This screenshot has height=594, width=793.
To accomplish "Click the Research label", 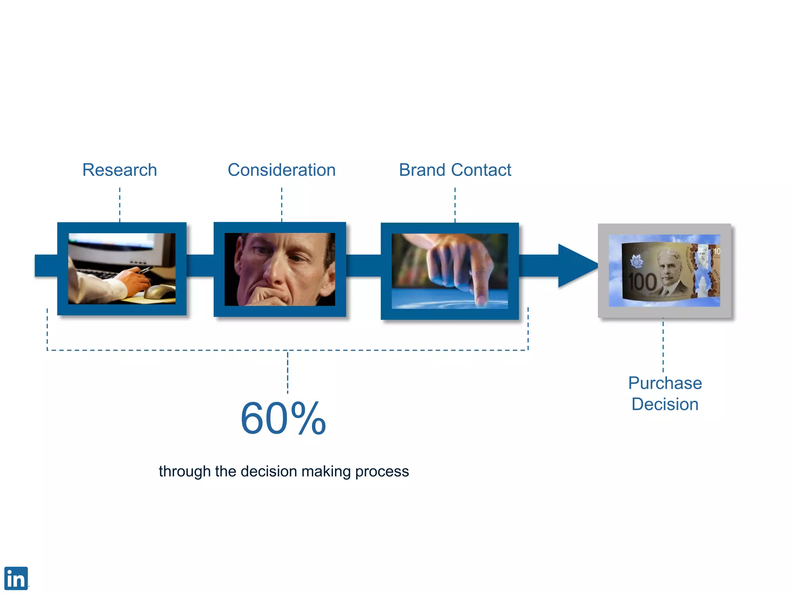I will (120, 170).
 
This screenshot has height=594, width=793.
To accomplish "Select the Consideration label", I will (281, 170).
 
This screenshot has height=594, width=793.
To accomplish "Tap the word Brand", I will (422, 170).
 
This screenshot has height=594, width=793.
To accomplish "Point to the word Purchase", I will (665, 383).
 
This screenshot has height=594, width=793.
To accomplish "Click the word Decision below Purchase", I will (665, 405).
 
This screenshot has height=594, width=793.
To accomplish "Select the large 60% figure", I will (283, 418).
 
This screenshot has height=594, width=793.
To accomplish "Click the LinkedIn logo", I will (16, 578).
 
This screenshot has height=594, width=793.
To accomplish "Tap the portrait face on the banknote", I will (669, 267).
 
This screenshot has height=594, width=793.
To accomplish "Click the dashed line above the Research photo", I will (120, 204).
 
